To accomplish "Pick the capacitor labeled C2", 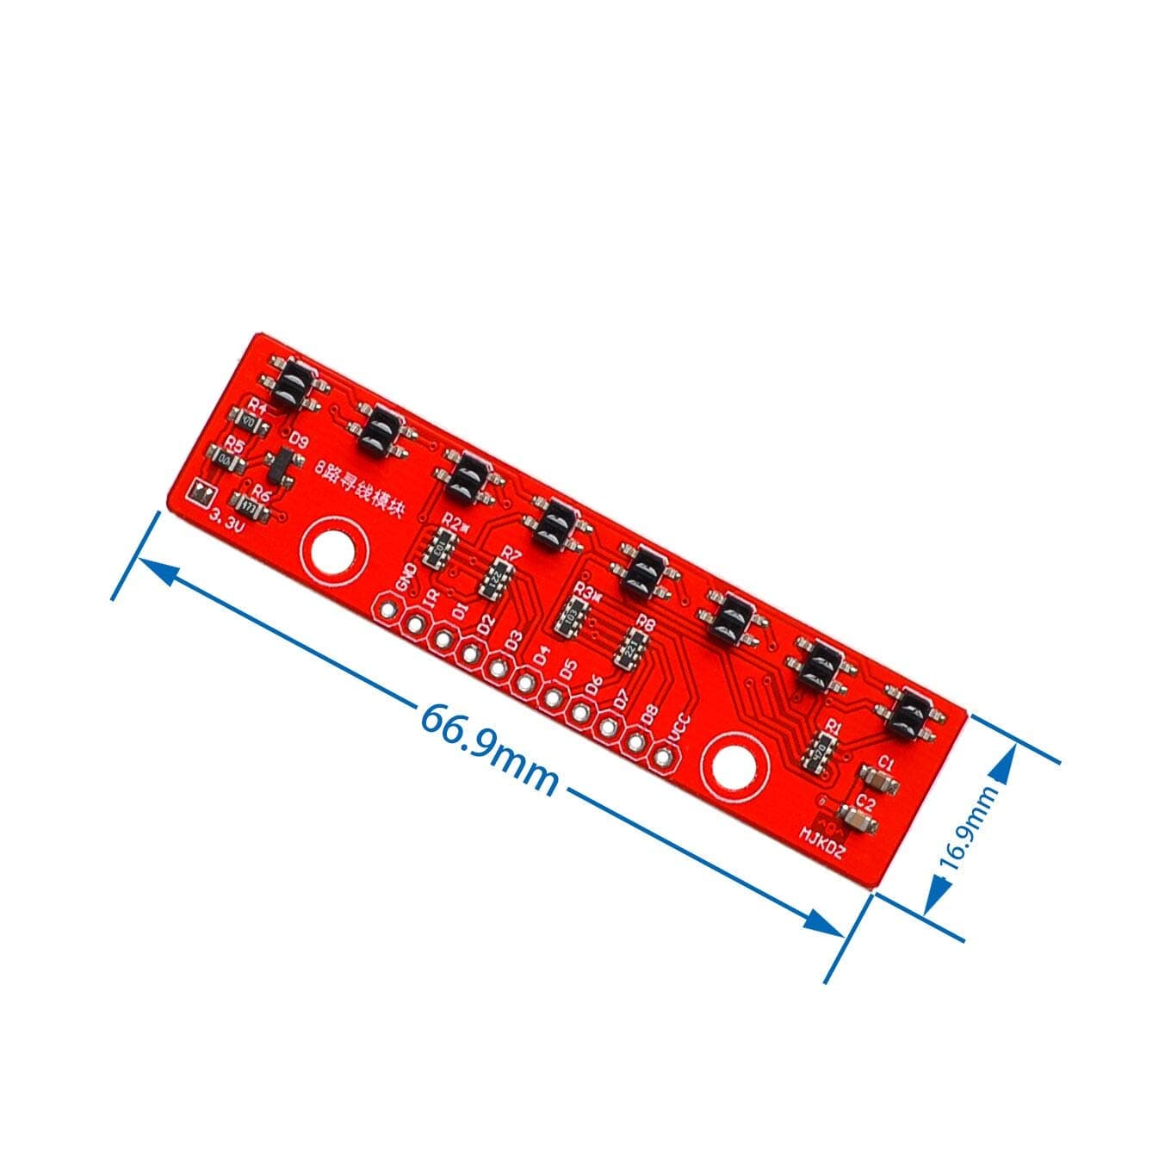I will [858, 819].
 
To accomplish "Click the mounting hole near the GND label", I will [334, 548].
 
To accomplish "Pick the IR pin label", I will [431, 598].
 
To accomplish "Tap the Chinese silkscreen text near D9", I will [355, 489].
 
